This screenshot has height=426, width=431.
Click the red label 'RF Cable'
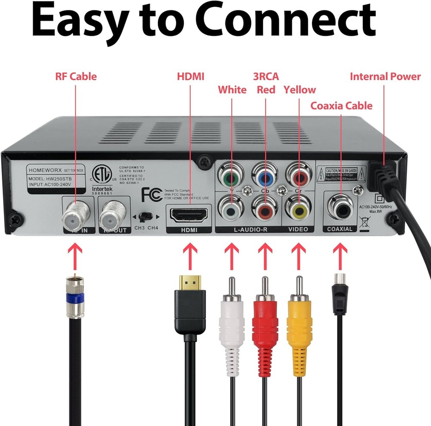point(76,77)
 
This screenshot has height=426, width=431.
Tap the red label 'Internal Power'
point(385,77)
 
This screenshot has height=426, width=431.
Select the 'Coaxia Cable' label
point(341,106)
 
